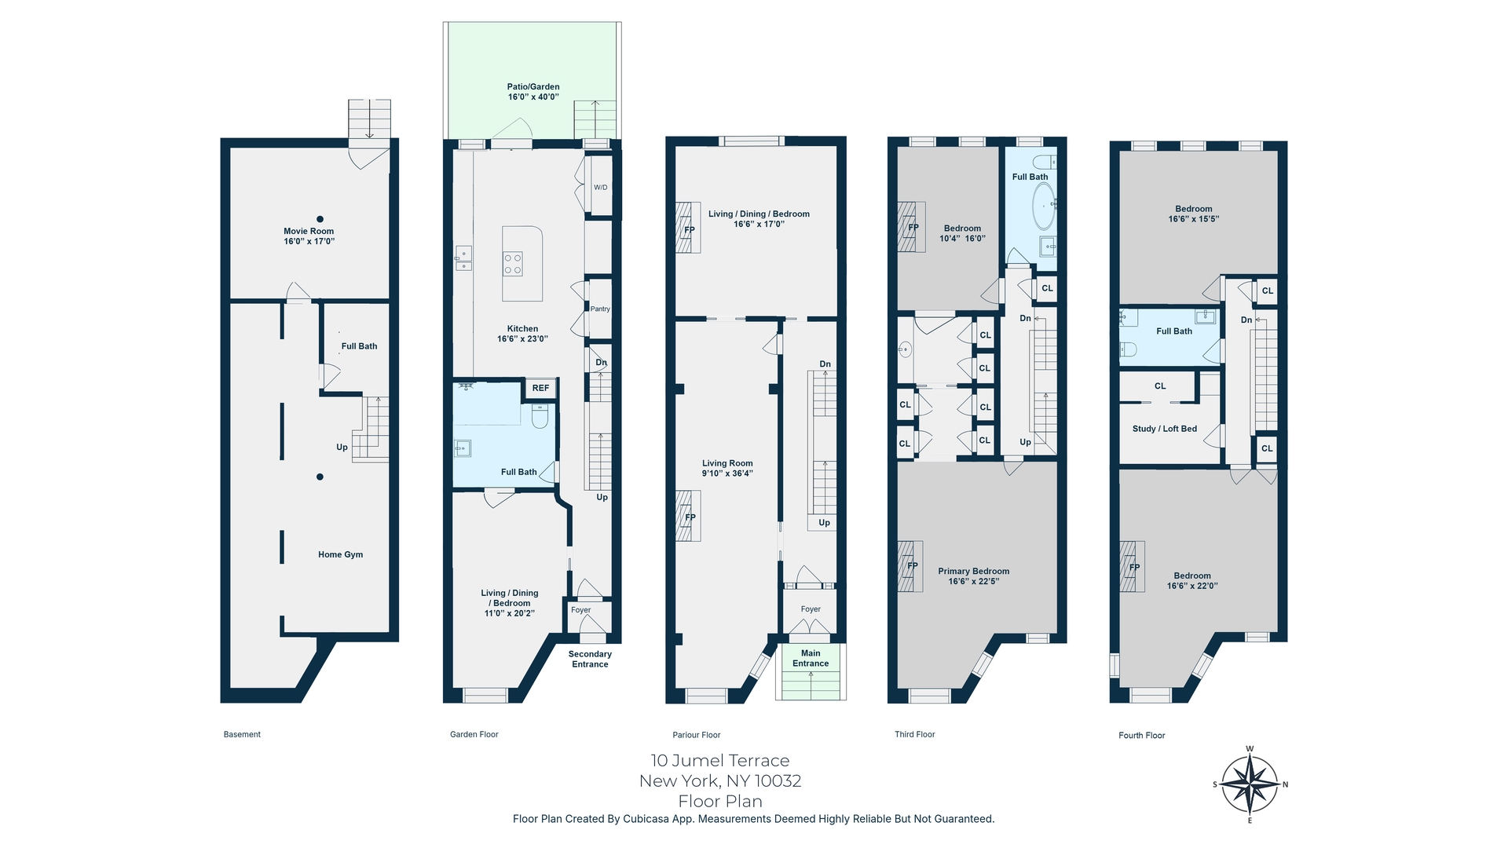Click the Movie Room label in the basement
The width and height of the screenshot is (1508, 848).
(309, 231)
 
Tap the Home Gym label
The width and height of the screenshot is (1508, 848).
(340, 554)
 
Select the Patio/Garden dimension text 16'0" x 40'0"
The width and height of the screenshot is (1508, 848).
(533, 97)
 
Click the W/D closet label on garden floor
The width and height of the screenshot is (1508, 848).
(600, 188)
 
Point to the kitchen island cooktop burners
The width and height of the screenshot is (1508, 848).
(513, 264)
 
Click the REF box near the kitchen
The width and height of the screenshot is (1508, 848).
(540, 388)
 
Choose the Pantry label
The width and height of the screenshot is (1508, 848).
(600, 309)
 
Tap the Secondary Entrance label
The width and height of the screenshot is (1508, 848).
(590, 659)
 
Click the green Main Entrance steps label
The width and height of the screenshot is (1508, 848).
(811, 658)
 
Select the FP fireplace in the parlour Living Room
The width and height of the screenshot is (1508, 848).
(689, 516)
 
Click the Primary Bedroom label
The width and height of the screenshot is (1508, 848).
(973, 571)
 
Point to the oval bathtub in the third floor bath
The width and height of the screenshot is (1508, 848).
(1043, 206)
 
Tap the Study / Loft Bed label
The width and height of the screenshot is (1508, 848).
(1164, 429)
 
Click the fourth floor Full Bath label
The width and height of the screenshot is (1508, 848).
(1173, 331)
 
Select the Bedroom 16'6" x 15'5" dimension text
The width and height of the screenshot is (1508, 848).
(1193, 219)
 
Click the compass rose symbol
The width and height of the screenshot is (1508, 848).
(1250, 784)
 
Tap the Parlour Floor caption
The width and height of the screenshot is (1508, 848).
(696, 735)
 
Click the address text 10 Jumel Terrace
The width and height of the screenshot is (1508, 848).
(719, 760)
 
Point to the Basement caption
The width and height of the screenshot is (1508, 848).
(242, 734)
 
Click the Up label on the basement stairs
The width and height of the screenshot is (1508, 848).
(342, 447)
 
